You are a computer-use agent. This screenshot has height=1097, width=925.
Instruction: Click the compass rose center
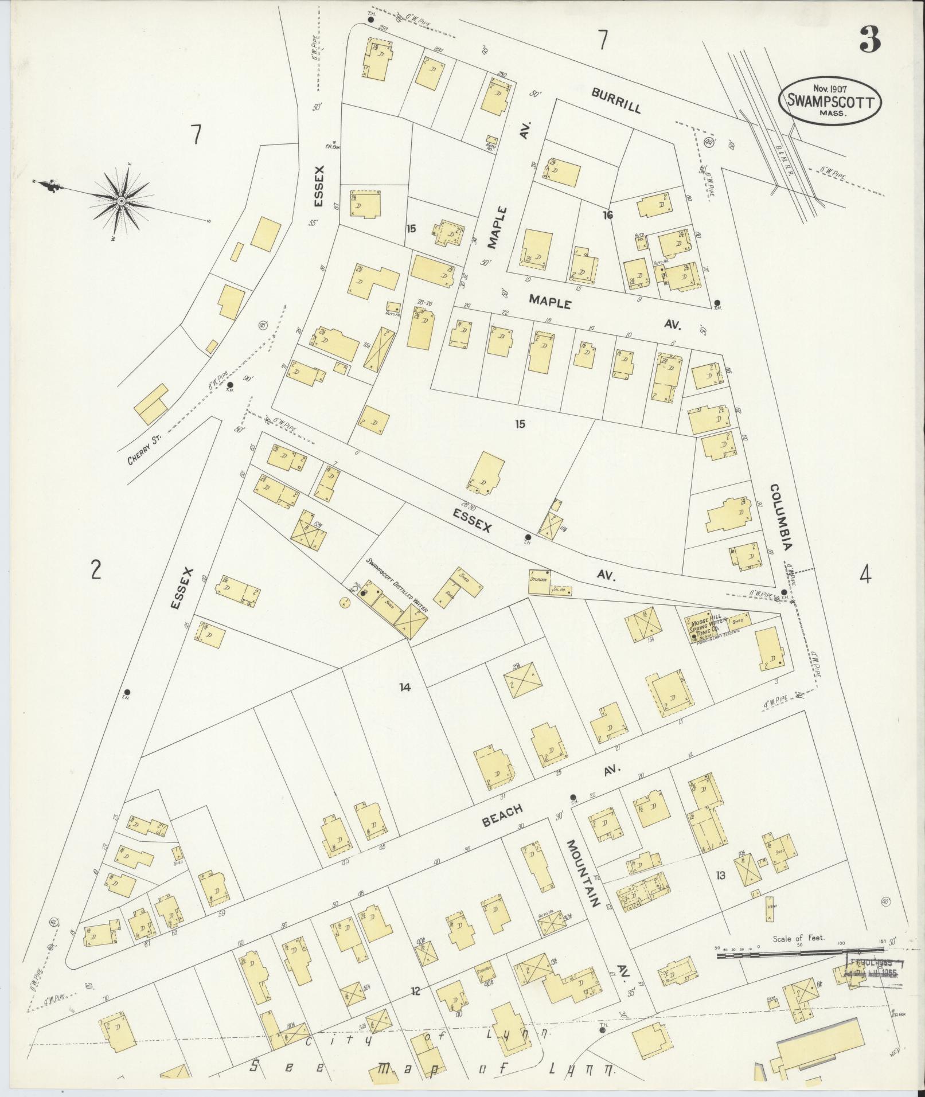coord(121,201)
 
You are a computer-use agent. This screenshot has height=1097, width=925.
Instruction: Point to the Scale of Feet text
coord(798,938)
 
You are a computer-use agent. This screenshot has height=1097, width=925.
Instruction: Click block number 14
coord(405,686)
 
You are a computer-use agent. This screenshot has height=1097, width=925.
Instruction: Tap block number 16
coord(608,215)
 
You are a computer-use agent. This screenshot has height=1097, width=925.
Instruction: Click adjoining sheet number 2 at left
coord(96,571)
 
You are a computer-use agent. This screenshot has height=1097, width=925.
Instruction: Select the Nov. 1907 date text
coord(830,89)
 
